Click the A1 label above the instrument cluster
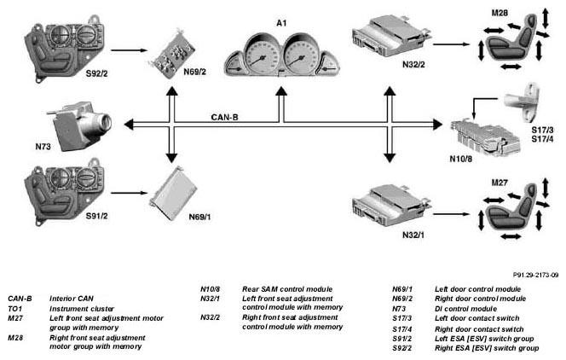(x=281, y=23)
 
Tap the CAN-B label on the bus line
(x=224, y=118)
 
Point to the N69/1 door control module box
(x=174, y=193)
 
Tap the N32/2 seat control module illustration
(x=391, y=36)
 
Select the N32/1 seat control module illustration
(x=391, y=206)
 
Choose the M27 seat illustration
(x=513, y=209)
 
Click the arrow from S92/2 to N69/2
(x=130, y=50)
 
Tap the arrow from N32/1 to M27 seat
(x=451, y=214)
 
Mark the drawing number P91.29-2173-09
(x=535, y=275)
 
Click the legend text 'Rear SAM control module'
(x=287, y=289)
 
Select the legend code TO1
(x=14, y=309)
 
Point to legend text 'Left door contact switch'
(x=476, y=318)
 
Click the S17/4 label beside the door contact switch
(x=542, y=139)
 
